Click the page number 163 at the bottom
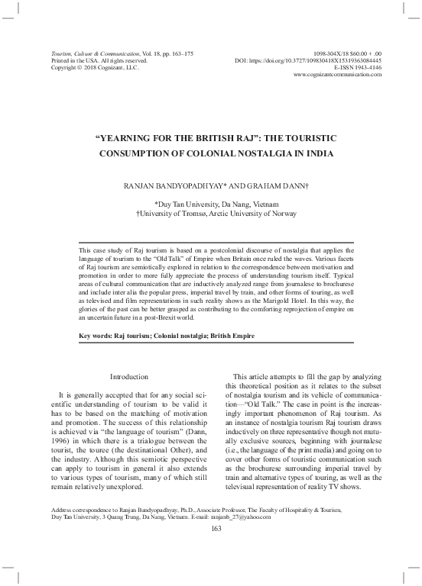point(211,531)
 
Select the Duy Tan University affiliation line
point(216,204)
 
